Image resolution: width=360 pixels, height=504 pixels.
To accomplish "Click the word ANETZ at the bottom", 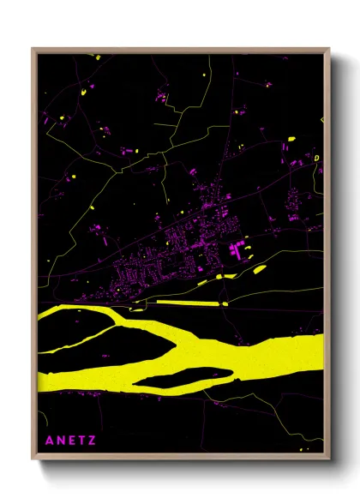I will click(70, 441).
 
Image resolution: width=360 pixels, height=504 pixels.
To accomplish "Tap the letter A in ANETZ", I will click(48, 441).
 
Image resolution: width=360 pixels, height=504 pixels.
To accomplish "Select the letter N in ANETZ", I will click(59, 441).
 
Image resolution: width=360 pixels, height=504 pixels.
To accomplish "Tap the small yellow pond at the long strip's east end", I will click(225, 303).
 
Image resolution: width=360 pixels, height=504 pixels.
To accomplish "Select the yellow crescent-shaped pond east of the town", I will click(259, 269).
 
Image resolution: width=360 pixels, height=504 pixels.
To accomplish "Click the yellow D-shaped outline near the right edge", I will click(316, 159).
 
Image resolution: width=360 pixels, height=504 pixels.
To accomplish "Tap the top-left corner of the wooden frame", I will click(33, 49).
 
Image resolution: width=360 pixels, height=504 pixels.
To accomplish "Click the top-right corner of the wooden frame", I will click(330, 49).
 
